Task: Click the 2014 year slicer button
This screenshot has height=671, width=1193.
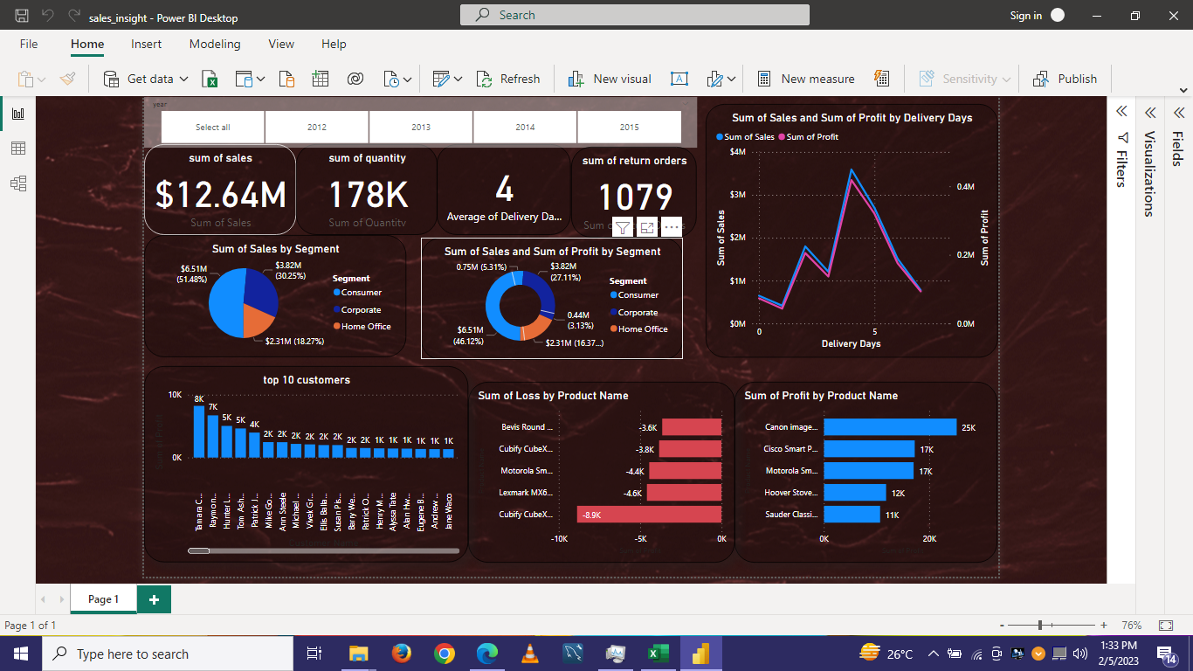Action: [525, 128]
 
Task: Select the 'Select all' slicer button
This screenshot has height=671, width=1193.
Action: [213, 128]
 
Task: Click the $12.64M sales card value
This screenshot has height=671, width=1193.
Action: [220, 194]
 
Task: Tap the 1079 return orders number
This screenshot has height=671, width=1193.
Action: [635, 197]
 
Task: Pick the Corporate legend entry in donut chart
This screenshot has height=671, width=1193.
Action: [638, 312]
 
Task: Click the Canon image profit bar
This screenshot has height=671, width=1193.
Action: [889, 427]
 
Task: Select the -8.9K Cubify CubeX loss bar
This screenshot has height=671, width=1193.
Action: [649, 515]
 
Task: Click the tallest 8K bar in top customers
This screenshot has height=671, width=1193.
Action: [199, 431]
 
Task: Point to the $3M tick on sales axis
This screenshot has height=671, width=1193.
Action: [738, 195]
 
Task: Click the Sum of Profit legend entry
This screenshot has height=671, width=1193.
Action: [812, 137]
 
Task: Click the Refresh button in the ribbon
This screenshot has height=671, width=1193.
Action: [509, 79]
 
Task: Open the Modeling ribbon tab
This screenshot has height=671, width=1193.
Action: [215, 44]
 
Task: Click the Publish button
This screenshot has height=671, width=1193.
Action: [1065, 79]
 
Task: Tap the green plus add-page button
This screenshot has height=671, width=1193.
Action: [154, 599]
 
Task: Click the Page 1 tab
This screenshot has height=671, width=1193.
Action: [103, 599]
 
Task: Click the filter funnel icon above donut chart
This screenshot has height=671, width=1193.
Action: [622, 228]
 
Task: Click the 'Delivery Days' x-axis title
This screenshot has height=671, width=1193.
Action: [851, 343]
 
